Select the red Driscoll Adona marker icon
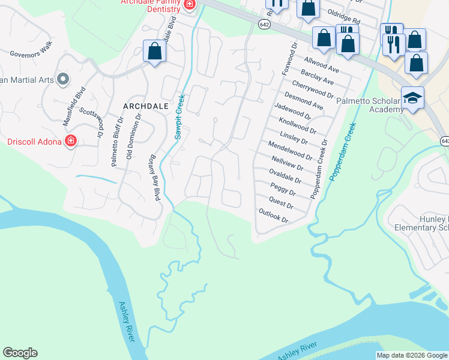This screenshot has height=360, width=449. coord(71,142)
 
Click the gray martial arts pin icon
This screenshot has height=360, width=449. coord(62,79)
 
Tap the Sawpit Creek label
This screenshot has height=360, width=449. coord(179,116)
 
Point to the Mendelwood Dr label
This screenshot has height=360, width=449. coord(291,151)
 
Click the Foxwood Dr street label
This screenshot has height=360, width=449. coord(289,58)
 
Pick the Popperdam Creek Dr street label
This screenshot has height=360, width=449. coord(319,169)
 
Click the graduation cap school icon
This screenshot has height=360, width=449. coord(412,98)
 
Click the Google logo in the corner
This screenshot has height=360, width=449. coord(20,353)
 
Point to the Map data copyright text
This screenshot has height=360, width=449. coord(412,355)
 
